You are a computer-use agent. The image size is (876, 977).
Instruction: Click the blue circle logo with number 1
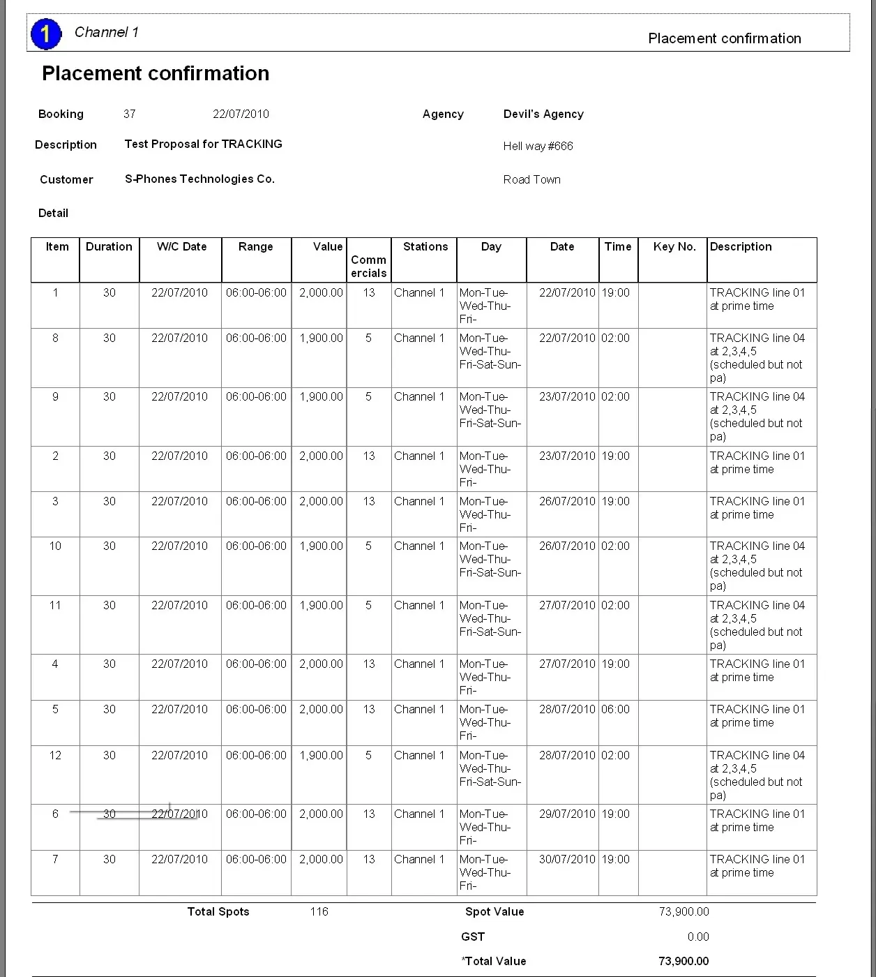tap(46, 33)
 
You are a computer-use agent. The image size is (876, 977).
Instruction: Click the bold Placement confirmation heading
tap(156, 73)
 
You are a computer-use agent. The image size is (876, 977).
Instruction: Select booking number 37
tap(130, 114)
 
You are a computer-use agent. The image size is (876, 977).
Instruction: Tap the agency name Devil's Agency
tap(543, 114)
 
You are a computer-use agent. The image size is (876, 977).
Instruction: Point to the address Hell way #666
tap(538, 146)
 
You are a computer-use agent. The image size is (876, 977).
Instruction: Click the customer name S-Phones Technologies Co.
tap(199, 179)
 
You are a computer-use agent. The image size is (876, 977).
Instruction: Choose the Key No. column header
tap(674, 246)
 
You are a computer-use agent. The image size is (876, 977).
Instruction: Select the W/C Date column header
tap(181, 246)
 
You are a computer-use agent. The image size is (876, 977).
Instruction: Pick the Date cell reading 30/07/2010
tap(567, 859)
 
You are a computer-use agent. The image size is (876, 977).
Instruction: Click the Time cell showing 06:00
tap(615, 709)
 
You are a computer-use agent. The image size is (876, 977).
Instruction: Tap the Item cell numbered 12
tap(55, 755)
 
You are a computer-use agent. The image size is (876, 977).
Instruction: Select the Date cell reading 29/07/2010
tap(567, 814)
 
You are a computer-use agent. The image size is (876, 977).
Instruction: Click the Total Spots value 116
tap(319, 911)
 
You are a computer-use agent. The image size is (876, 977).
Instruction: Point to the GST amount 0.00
tap(697, 937)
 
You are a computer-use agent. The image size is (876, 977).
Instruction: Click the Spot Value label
tap(494, 911)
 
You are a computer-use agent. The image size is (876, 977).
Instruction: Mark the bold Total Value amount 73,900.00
tap(684, 961)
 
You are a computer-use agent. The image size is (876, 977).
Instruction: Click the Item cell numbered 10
tap(55, 546)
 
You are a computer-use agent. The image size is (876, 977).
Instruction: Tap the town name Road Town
tap(531, 179)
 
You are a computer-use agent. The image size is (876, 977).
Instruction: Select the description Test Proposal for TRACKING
tap(203, 144)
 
